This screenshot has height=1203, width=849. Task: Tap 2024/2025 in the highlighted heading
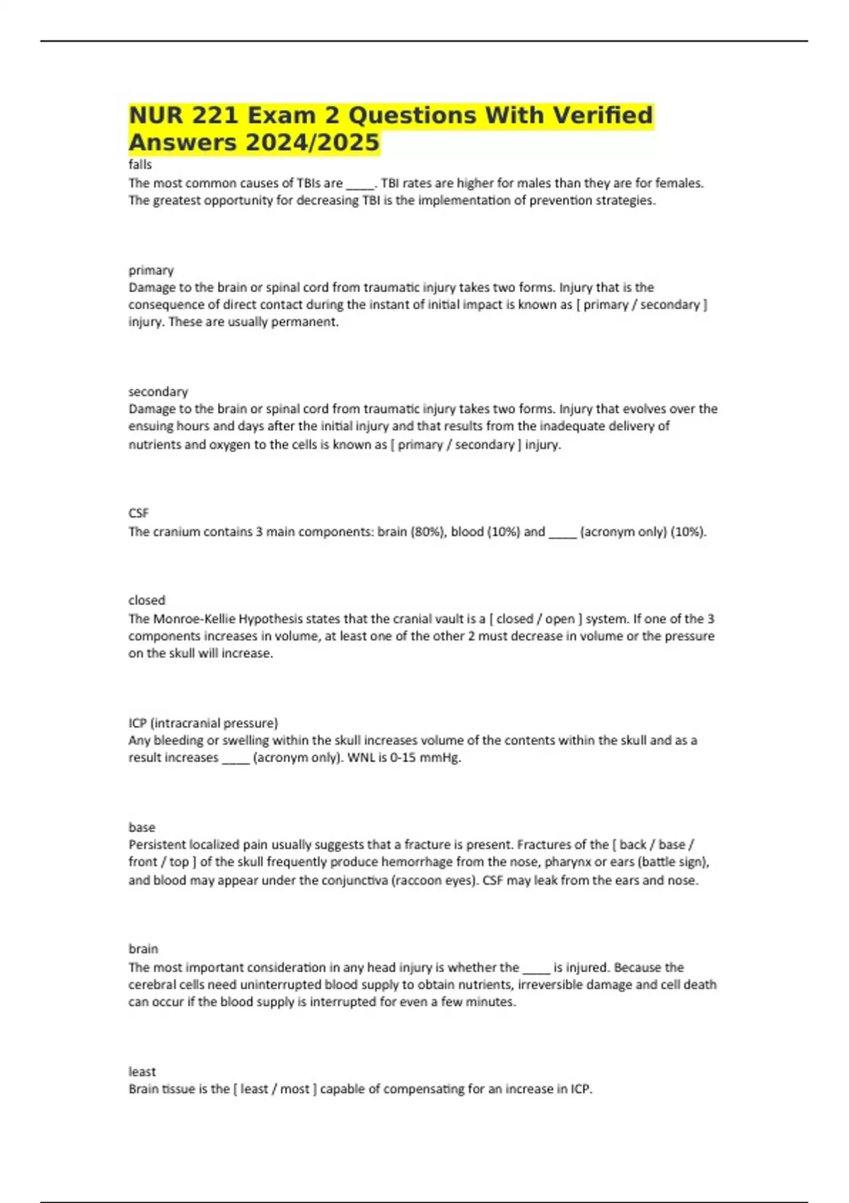click(312, 142)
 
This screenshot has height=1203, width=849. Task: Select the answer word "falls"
click(140, 164)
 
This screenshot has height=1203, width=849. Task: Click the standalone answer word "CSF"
click(139, 512)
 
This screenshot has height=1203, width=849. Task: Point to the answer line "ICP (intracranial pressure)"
click(203, 723)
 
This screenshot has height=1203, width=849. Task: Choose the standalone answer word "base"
click(141, 827)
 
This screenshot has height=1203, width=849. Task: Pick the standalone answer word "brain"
click(143, 948)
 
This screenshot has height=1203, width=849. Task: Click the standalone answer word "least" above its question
click(141, 1071)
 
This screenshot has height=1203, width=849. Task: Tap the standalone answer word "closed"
click(146, 600)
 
